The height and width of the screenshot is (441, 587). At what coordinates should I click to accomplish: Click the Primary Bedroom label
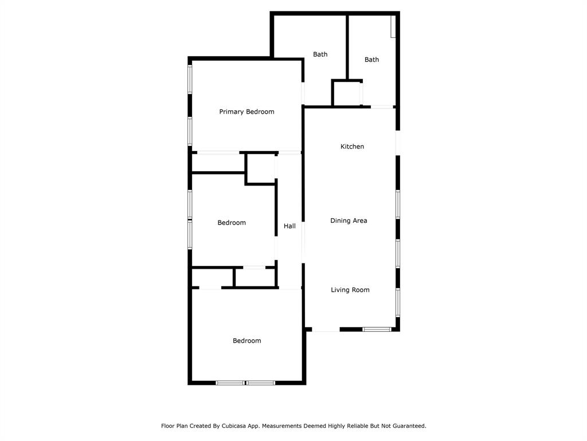click(246, 112)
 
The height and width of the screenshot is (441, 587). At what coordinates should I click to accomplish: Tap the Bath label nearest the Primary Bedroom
click(320, 55)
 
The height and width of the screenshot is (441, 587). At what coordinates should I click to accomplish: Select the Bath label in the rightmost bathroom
click(371, 60)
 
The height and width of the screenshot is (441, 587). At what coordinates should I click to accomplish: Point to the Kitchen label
click(352, 147)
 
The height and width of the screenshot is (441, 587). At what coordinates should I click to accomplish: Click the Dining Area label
click(349, 221)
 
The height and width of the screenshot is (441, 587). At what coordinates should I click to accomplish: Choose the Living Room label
click(350, 290)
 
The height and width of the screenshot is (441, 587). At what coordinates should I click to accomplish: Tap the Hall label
click(289, 226)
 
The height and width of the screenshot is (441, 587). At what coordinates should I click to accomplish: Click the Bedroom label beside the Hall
click(232, 223)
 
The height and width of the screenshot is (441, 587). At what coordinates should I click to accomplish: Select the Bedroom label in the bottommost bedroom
click(246, 341)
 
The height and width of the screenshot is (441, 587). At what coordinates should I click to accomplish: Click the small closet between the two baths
click(346, 93)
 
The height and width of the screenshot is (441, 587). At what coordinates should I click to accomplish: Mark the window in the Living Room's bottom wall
click(377, 329)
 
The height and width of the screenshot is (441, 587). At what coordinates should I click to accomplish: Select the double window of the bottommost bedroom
click(245, 382)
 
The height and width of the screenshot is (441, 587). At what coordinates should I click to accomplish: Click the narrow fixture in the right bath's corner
click(393, 26)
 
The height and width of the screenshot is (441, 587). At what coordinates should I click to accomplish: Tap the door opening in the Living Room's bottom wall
click(326, 330)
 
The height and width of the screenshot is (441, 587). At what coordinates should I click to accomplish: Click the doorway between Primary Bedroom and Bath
click(303, 94)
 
